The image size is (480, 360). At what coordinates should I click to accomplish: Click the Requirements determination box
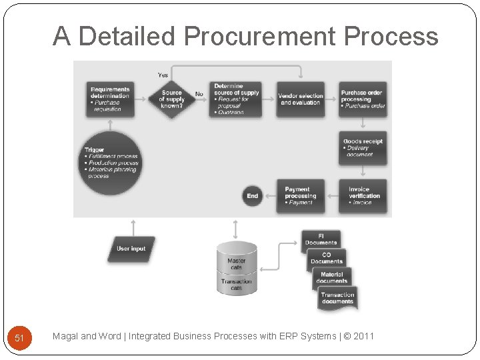[x=110, y=99]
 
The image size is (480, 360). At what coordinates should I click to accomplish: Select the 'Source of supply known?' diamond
[x=172, y=99]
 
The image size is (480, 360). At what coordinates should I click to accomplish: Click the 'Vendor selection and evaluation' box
[x=301, y=99]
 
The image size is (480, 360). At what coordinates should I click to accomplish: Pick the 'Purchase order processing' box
[x=363, y=99]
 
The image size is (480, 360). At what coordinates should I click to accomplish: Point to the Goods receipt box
[x=363, y=148]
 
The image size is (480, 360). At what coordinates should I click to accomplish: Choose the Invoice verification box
[x=363, y=196]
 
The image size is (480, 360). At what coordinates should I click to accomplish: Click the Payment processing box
[x=301, y=196]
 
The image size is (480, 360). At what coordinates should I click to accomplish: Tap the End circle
[x=253, y=196]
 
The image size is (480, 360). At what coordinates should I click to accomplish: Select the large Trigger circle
[x=111, y=163]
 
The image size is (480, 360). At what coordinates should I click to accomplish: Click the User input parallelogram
[x=131, y=249]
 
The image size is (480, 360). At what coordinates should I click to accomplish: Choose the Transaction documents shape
[x=337, y=299]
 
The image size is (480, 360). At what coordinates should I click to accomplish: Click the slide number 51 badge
[x=19, y=338]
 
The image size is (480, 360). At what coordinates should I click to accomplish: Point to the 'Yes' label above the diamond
[x=163, y=74]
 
